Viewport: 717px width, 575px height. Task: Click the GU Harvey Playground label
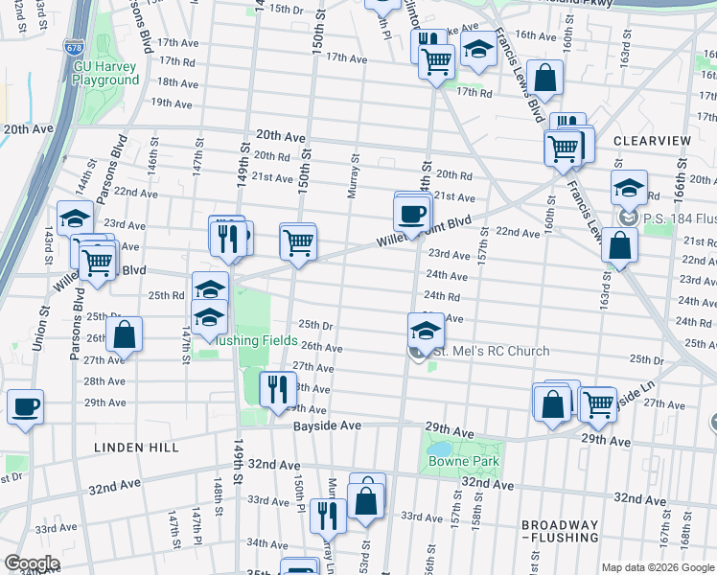(x=105, y=74)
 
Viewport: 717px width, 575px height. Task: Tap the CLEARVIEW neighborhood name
(x=652, y=141)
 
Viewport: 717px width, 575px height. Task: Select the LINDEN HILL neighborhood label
(x=131, y=448)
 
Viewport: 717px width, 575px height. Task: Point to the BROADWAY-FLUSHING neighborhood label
(x=560, y=532)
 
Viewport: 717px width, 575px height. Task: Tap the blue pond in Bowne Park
(x=440, y=448)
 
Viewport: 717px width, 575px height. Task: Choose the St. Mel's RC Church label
(x=492, y=352)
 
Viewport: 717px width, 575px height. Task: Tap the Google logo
(x=31, y=563)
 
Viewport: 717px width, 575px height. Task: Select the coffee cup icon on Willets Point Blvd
(x=412, y=213)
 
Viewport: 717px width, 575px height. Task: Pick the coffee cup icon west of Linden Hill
(x=25, y=406)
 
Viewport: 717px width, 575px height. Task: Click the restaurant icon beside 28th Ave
(x=274, y=388)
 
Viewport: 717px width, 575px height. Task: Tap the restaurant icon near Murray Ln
(x=327, y=515)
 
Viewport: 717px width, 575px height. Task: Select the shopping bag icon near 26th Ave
(x=124, y=334)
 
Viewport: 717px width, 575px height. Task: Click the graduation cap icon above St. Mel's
(x=426, y=331)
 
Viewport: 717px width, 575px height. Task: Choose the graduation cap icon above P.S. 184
(x=629, y=188)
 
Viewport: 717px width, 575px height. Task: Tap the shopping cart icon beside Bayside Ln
(x=598, y=403)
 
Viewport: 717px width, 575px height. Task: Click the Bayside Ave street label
(x=327, y=425)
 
